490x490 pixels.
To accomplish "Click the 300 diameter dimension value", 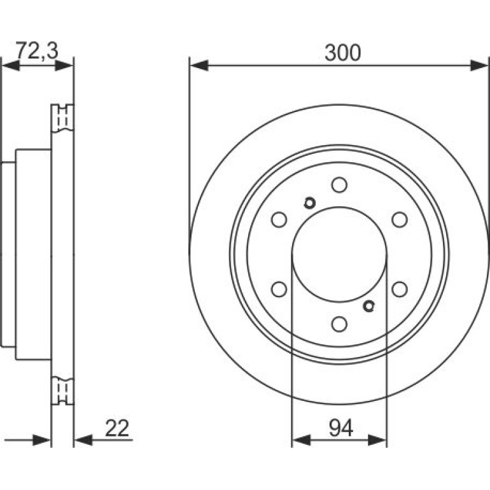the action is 342,52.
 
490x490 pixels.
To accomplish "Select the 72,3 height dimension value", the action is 37,50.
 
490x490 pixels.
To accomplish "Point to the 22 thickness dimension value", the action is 117,428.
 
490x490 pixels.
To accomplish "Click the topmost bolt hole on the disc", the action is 339,185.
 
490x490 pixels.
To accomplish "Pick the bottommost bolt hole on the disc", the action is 339,324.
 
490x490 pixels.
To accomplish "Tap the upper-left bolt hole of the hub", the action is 279,220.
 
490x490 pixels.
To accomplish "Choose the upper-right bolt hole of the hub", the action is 400,220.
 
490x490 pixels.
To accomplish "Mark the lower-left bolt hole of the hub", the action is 279,289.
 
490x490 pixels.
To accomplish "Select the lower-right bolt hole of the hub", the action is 400,289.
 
